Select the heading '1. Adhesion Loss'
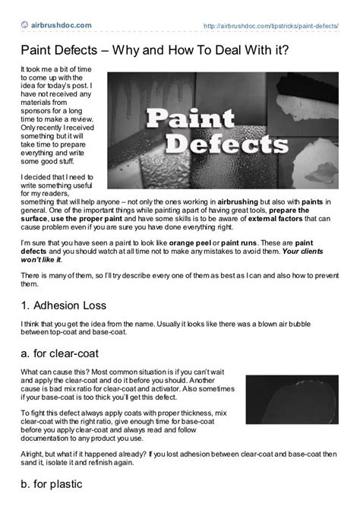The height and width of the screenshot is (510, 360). (69, 308)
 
